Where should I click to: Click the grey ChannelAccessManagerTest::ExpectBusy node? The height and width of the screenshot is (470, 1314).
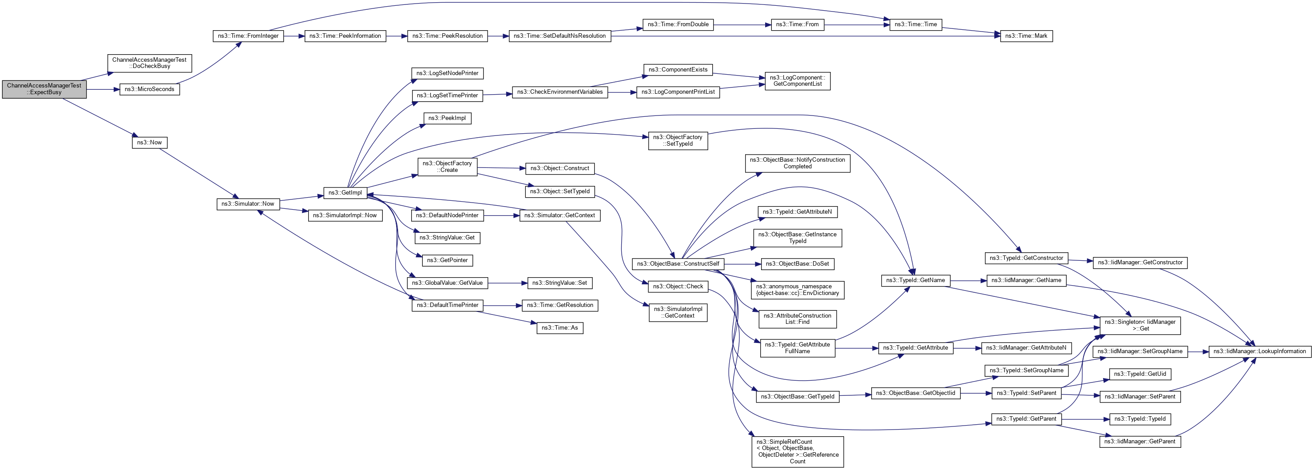44,89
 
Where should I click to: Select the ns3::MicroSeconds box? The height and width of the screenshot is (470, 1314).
150,89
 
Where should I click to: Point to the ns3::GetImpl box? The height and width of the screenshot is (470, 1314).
345,193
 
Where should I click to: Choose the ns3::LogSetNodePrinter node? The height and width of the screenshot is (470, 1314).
447,73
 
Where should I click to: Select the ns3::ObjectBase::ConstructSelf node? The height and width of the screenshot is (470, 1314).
678,264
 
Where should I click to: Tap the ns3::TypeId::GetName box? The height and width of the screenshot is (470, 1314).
915,280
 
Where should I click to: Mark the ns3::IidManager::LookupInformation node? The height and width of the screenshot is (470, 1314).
1259,351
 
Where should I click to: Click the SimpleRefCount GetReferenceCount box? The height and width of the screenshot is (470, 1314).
797,451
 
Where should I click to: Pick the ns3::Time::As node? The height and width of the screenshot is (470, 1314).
560,327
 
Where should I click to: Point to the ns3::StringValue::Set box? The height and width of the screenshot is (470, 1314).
560,283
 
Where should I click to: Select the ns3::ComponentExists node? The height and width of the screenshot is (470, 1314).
678,70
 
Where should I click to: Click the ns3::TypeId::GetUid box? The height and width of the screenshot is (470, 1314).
1139,374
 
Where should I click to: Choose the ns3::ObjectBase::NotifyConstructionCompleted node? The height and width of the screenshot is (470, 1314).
797,163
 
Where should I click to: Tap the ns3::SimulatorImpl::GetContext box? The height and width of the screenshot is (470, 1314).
678,312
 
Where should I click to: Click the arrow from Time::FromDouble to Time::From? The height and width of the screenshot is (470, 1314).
742,24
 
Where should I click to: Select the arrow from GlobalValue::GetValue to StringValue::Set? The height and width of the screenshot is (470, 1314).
508,283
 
